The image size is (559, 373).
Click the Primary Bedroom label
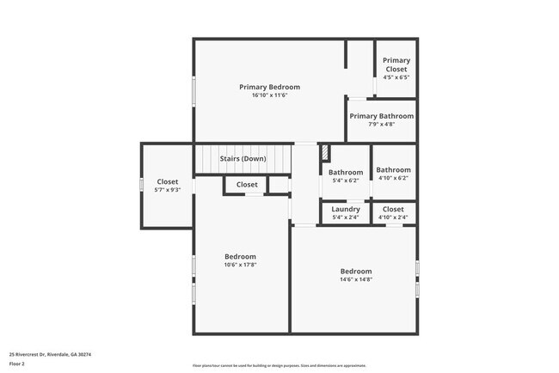point(269,87)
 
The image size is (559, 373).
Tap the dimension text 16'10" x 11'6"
point(269,95)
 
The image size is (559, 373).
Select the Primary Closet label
point(396,64)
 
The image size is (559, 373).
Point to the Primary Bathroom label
point(381,116)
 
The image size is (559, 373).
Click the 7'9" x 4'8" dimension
point(381,125)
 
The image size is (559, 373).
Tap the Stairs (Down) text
point(243,159)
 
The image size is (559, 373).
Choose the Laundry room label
point(346,209)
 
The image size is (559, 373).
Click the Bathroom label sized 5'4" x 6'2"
point(346,171)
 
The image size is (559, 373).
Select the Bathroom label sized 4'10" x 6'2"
point(393,170)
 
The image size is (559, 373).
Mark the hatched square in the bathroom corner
point(325,153)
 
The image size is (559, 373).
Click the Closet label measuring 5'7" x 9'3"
point(168,181)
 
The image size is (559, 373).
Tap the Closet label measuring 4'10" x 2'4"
point(393,209)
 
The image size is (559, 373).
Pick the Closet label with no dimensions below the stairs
point(247,185)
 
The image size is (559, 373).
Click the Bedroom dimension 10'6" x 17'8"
point(240,265)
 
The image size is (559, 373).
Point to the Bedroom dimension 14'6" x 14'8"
point(355,279)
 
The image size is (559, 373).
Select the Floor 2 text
point(18,364)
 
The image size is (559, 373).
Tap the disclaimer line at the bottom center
point(279,365)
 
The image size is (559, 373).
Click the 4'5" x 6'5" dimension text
point(396,77)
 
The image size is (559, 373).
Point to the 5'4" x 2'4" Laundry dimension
point(346,217)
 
